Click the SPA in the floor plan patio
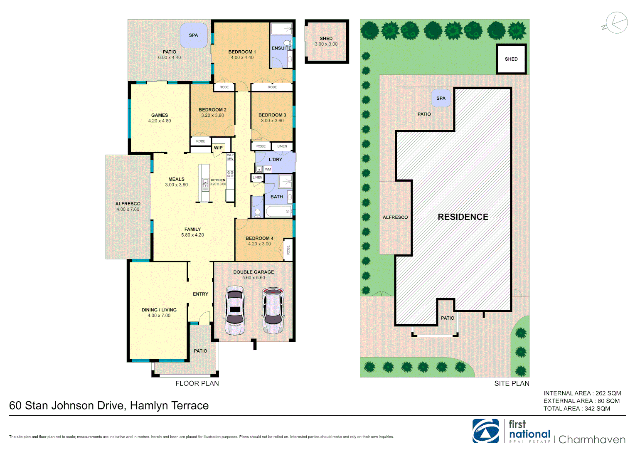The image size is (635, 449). [x=194, y=35]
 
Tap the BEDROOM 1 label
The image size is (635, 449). [x=242, y=52]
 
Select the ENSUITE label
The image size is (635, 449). [x=281, y=48]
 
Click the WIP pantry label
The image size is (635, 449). [x=218, y=148]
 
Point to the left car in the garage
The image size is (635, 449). [x=235, y=310]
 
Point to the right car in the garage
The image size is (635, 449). [x=273, y=310]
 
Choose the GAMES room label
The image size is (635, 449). [x=160, y=115]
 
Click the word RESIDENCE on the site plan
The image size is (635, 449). [x=463, y=217]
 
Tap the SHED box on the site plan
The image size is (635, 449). [x=511, y=59]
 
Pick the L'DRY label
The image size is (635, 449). [x=275, y=160]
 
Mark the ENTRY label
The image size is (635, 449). [x=200, y=294]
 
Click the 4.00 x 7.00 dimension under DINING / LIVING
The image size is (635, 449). [x=159, y=316]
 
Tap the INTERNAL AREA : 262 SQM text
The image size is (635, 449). [x=582, y=393]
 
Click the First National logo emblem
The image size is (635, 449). [x=485, y=431]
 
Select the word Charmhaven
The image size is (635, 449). [x=592, y=439]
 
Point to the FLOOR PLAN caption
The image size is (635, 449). [x=197, y=383]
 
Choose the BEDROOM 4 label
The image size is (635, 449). [x=259, y=238]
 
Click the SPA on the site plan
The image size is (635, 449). [x=441, y=99]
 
